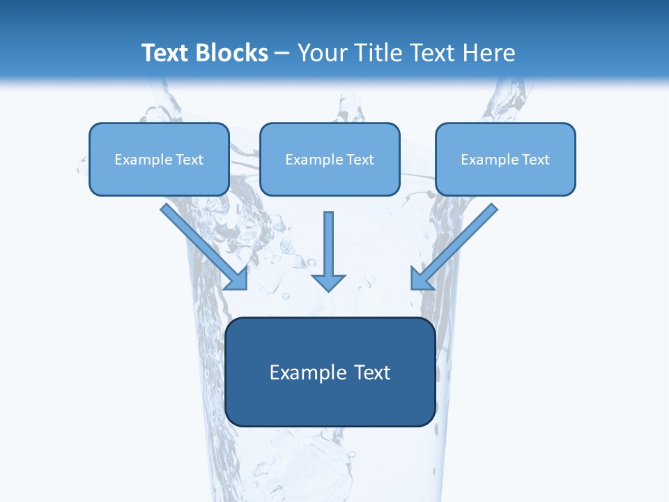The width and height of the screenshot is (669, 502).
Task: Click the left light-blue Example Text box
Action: pyautogui.click(x=159, y=159)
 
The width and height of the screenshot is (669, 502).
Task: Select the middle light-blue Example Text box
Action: pyautogui.click(x=330, y=159)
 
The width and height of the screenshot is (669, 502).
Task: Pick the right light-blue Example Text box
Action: pyautogui.click(x=505, y=159)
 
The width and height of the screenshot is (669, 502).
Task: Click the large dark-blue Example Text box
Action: pyautogui.click(x=330, y=372)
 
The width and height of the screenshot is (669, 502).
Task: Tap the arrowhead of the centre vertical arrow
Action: pyautogui.click(x=328, y=282)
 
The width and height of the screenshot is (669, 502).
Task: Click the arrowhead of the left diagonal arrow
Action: pyautogui.click(x=237, y=279)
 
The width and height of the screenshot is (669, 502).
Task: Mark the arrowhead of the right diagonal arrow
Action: pyautogui.click(x=421, y=279)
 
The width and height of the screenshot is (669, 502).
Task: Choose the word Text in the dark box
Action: pyautogui.click(x=372, y=372)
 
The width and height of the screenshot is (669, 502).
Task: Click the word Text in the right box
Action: pyautogui.click(x=535, y=159)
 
